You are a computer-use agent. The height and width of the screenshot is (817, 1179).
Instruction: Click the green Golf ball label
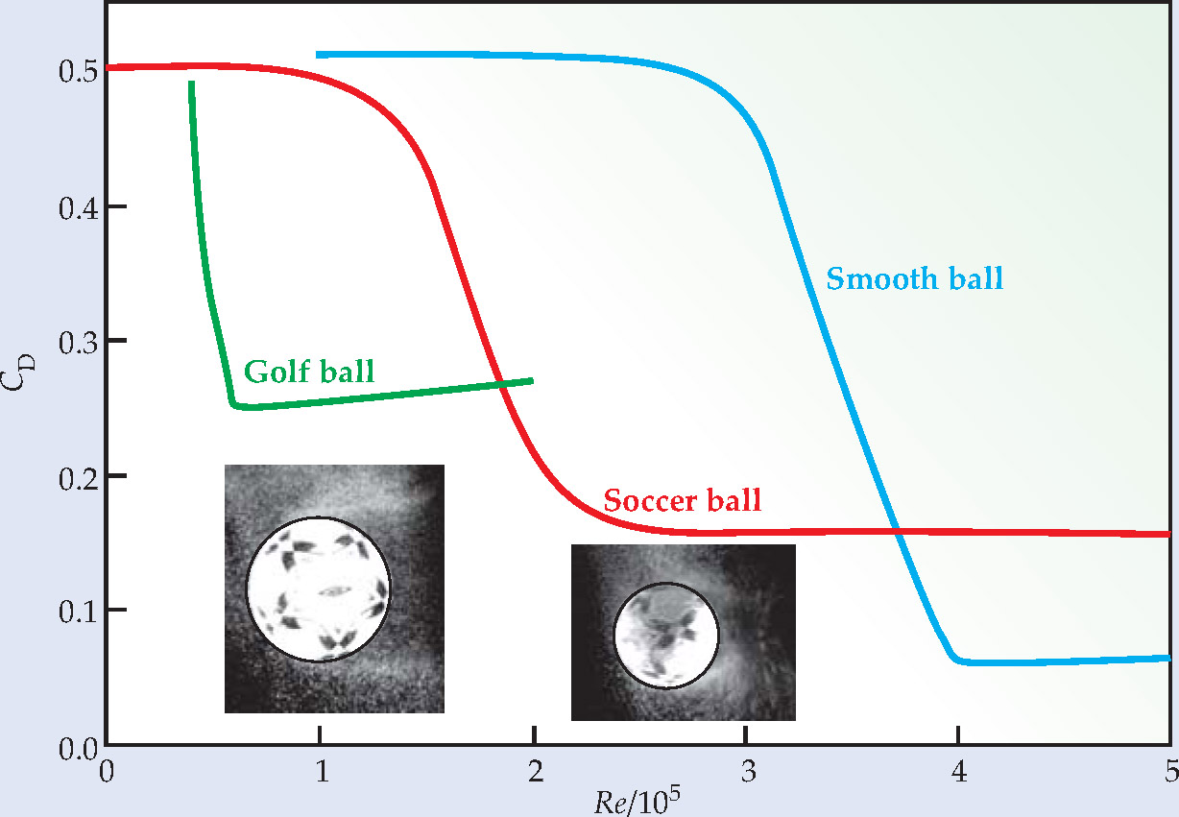coord(308,372)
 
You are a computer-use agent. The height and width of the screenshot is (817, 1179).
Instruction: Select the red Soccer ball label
coord(682,500)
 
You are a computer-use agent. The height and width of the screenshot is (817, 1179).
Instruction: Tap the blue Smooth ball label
coord(914,279)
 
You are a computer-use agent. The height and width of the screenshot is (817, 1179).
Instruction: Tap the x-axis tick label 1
coord(321,771)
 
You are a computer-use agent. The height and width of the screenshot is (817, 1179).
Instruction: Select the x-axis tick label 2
coord(534,771)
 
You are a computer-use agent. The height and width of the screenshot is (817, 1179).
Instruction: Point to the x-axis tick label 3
coord(746,771)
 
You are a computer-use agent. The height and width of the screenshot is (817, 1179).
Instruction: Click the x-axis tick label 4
coord(958,771)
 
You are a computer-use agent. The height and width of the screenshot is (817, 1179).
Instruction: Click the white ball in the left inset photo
coord(318,589)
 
